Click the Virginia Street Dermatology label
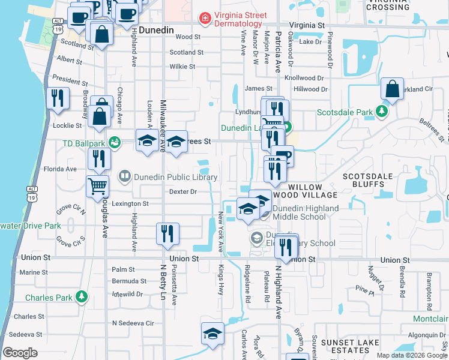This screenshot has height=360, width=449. pyautogui.click(x=242, y=18)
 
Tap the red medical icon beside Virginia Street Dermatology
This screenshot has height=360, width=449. pyautogui.click(x=205, y=19)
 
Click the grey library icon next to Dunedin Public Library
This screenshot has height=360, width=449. pyautogui.click(x=125, y=176)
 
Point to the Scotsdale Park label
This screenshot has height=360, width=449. pyautogui.click(x=345, y=112)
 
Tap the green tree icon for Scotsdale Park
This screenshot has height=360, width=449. pyautogui.click(x=381, y=112)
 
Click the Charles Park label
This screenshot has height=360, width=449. pyautogui.click(x=49, y=297)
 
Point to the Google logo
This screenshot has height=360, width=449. pyautogui.click(x=20, y=353)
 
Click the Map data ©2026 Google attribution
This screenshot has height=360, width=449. pyautogui.click(x=412, y=355)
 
